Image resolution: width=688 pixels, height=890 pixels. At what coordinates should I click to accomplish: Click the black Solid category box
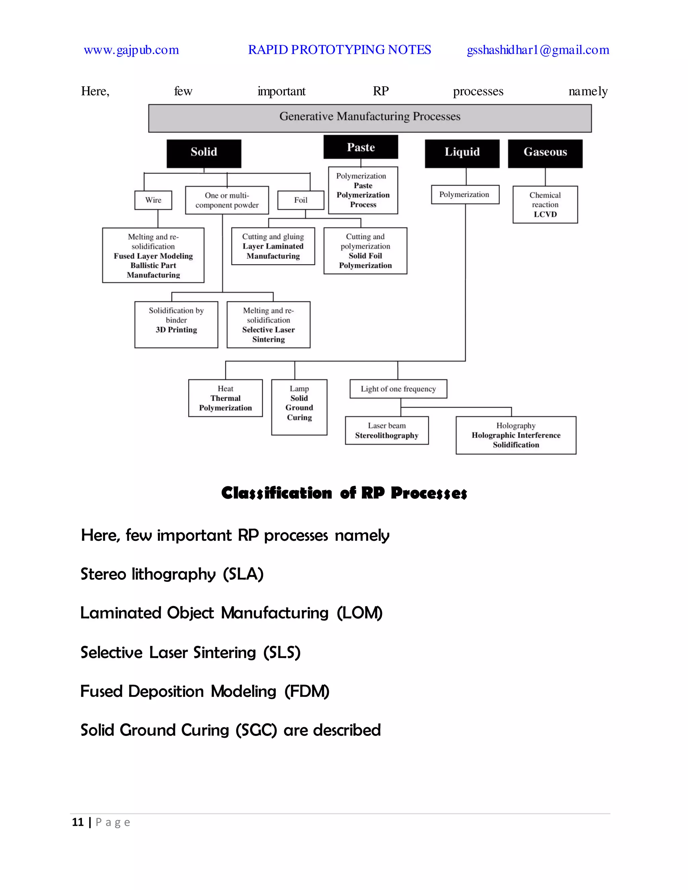204,153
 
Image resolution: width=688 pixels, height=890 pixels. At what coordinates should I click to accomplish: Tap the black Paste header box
361,147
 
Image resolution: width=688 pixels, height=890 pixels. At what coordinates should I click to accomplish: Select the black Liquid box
462,153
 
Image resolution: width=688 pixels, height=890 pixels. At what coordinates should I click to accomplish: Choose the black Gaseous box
545,153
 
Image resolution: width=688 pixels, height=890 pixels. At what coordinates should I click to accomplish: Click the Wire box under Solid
153,200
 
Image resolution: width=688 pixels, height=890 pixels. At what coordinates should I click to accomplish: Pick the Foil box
301,200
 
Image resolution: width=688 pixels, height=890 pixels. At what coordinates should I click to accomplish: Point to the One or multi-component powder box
227,200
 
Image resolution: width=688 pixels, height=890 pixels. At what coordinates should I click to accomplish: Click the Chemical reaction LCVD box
545,205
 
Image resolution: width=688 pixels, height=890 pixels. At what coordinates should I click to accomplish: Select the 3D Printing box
176,324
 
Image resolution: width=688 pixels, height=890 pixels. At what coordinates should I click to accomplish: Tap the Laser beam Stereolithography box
387,430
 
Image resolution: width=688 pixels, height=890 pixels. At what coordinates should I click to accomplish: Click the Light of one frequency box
398,389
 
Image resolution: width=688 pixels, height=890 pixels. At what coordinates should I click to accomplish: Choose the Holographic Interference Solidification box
516,435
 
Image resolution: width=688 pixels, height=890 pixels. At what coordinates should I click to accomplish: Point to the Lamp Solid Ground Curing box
299,407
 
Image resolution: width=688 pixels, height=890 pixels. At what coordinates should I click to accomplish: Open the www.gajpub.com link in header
131,50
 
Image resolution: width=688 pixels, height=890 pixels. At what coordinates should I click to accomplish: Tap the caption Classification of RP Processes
344,493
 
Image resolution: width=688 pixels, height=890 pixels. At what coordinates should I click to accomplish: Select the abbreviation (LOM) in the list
359,613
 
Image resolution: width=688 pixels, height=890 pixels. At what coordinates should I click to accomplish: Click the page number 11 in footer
78,822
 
